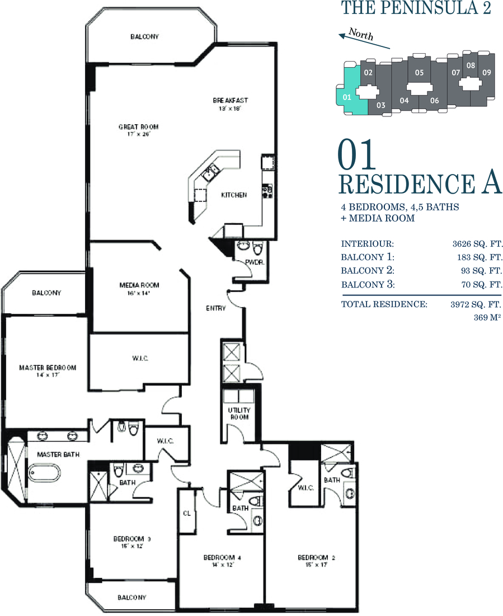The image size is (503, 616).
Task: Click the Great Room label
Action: [x=138, y=130]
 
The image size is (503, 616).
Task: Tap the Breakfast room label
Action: [x=231, y=104]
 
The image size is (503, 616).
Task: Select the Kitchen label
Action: [x=234, y=195]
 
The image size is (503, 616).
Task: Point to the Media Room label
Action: [x=139, y=289]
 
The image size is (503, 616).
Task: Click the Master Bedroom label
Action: [x=48, y=372]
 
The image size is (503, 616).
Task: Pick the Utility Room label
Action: [x=239, y=413]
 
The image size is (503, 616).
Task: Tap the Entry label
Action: [x=216, y=308]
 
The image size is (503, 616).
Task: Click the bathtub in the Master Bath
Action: [x=44, y=472]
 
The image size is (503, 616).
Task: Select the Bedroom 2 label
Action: [x=316, y=561]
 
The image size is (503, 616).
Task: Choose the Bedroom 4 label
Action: [x=222, y=561]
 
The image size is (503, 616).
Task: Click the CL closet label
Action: [x=187, y=514]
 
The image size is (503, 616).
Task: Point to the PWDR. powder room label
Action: [x=255, y=262]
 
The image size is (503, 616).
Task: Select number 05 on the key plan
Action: [x=419, y=72]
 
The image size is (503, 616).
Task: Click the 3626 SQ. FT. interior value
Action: [x=477, y=244]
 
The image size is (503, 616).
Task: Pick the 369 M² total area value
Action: [x=487, y=317]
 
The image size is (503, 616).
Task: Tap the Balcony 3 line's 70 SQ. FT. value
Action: [x=482, y=284]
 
